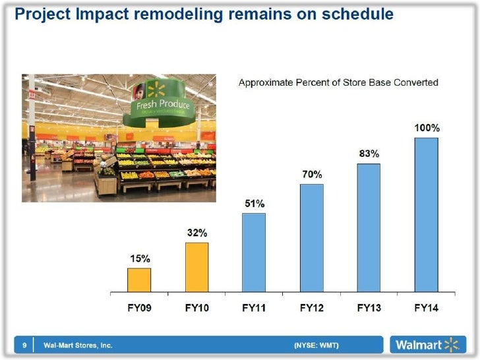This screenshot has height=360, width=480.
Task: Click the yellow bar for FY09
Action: (138, 280)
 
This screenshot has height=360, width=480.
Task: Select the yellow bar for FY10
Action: (196, 267)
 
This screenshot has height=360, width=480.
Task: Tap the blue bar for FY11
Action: (254, 252)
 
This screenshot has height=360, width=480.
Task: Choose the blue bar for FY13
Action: (369, 227)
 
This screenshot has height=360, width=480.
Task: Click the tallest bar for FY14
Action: (426, 214)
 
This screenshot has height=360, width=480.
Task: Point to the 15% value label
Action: (138, 258)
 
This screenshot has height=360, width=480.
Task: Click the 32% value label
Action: (196, 233)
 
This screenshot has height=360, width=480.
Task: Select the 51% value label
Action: (254, 204)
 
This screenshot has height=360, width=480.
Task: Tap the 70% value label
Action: (312, 175)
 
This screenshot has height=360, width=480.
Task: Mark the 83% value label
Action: (369, 154)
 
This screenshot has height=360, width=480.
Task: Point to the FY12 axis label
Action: (312, 307)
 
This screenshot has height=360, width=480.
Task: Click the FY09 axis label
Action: (138, 307)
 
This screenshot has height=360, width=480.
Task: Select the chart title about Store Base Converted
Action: (338, 82)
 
